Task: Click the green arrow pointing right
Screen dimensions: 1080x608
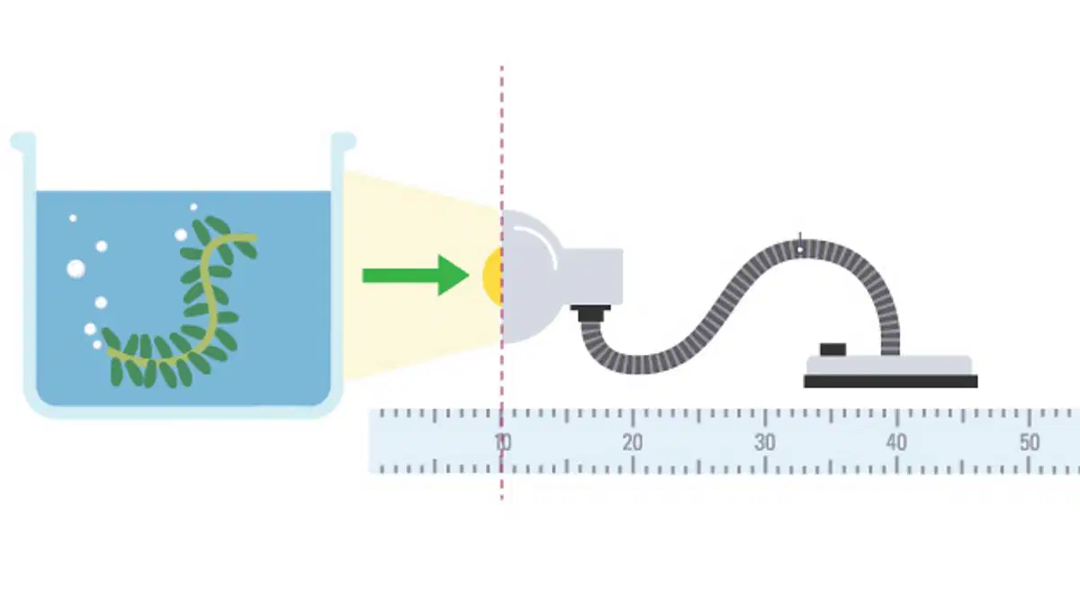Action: coord(416,276)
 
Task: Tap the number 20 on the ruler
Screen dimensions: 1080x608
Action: coord(633,442)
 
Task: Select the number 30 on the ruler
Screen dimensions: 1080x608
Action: coord(765,442)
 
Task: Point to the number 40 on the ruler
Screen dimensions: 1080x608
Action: coord(896,442)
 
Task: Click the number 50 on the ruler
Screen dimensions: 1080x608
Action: coord(1030,442)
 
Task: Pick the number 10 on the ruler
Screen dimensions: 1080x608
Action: coord(503,442)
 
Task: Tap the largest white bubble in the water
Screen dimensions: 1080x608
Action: coord(76,268)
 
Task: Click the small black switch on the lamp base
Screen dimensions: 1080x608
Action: coord(832,349)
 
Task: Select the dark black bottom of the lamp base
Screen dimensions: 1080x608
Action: coord(890,381)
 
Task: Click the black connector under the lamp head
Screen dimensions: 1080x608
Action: coord(590,313)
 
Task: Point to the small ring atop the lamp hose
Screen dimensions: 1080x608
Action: coord(800,250)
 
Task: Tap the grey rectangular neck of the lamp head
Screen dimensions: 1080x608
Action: coord(592,277)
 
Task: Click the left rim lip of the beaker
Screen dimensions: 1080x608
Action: coord(23,141)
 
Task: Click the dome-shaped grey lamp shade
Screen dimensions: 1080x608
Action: coord(530,277)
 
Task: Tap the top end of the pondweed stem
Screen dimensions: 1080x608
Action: coord(254,238)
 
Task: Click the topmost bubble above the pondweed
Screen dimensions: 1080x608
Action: coord(193,207)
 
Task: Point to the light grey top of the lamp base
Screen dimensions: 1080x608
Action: coord(889,366)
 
